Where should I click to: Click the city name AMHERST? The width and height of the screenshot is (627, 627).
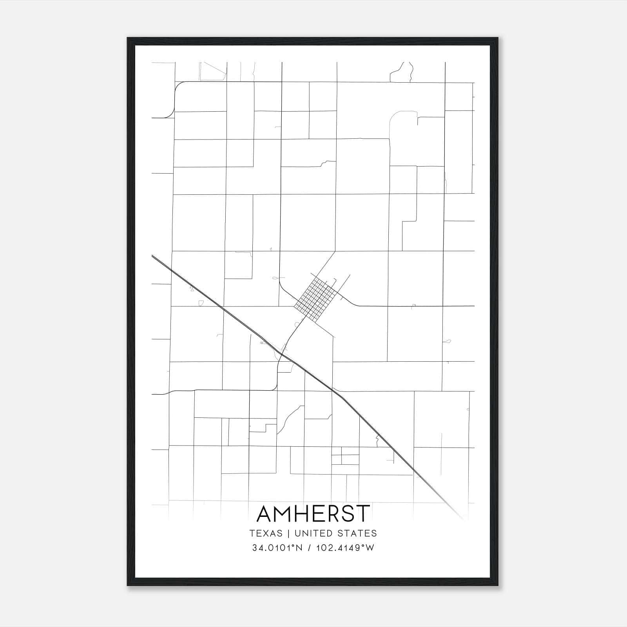coord(313,513)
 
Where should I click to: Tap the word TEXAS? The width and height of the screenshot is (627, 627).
coord(266,533)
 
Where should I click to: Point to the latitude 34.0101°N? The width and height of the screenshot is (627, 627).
coord(277,548)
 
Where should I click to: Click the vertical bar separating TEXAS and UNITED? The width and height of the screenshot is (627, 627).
coord(288,533)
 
